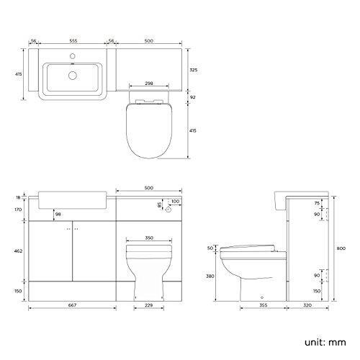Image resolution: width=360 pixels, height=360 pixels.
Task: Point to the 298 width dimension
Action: click(x=150, y=84)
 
